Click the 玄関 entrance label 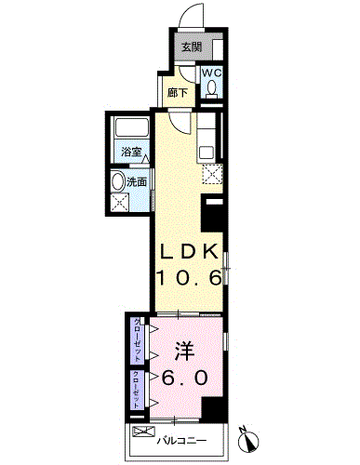click(192, 47)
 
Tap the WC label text click(212, 73)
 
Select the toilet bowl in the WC click(212, 86)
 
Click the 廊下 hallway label click(178, 92)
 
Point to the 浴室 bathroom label click(131, 152)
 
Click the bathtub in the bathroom click(131, 127)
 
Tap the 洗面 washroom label click(137, 182)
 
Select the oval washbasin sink click(118, 182)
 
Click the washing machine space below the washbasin click(119, 202)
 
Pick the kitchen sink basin click(206, 153)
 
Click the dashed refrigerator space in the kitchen click(212, 174)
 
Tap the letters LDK click(189, 252)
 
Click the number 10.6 click(189, 277)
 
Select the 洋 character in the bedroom click(185, 352)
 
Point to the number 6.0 click(184, 378)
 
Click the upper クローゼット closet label click(138, 340)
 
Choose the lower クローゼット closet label click(137, 390)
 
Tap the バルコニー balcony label click(181, 441)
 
